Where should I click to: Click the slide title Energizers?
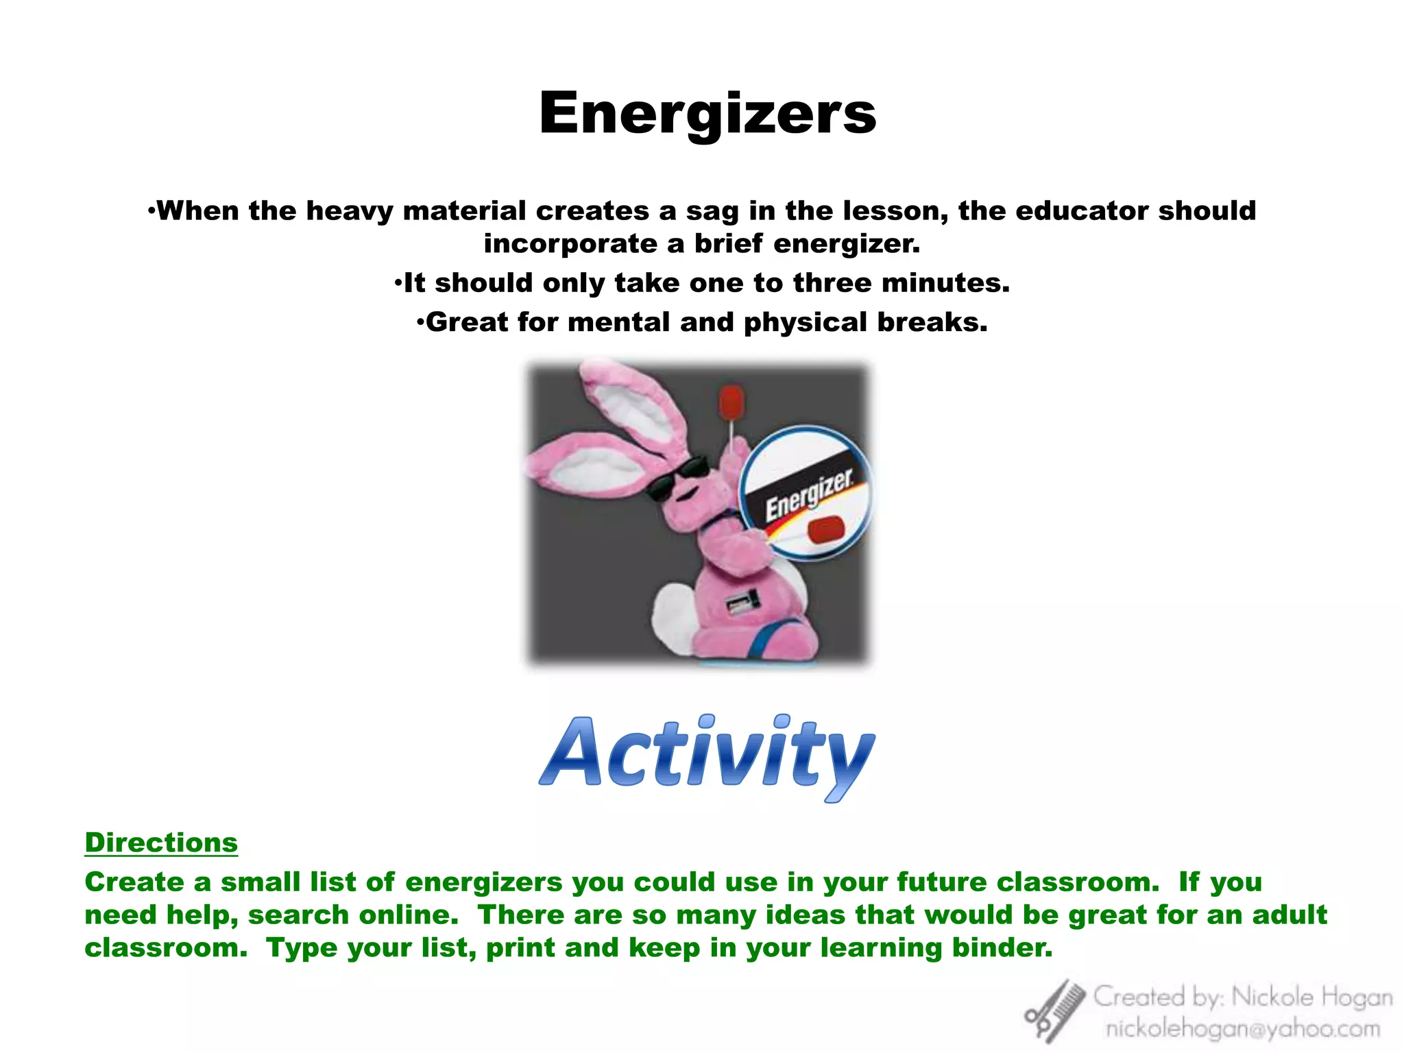pyautogui.click(x=707, y=113)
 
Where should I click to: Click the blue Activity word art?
pyautogui.click(x=707, y=754)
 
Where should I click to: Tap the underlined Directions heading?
pyautogui.click(x=161, y=843)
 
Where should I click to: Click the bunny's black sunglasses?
pyautogui.click(x=675, y=477)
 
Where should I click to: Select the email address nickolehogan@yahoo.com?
pyautogui.click(x=1242, y=1029)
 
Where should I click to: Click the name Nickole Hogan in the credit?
pyautogui.click(x=1311, y=997)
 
